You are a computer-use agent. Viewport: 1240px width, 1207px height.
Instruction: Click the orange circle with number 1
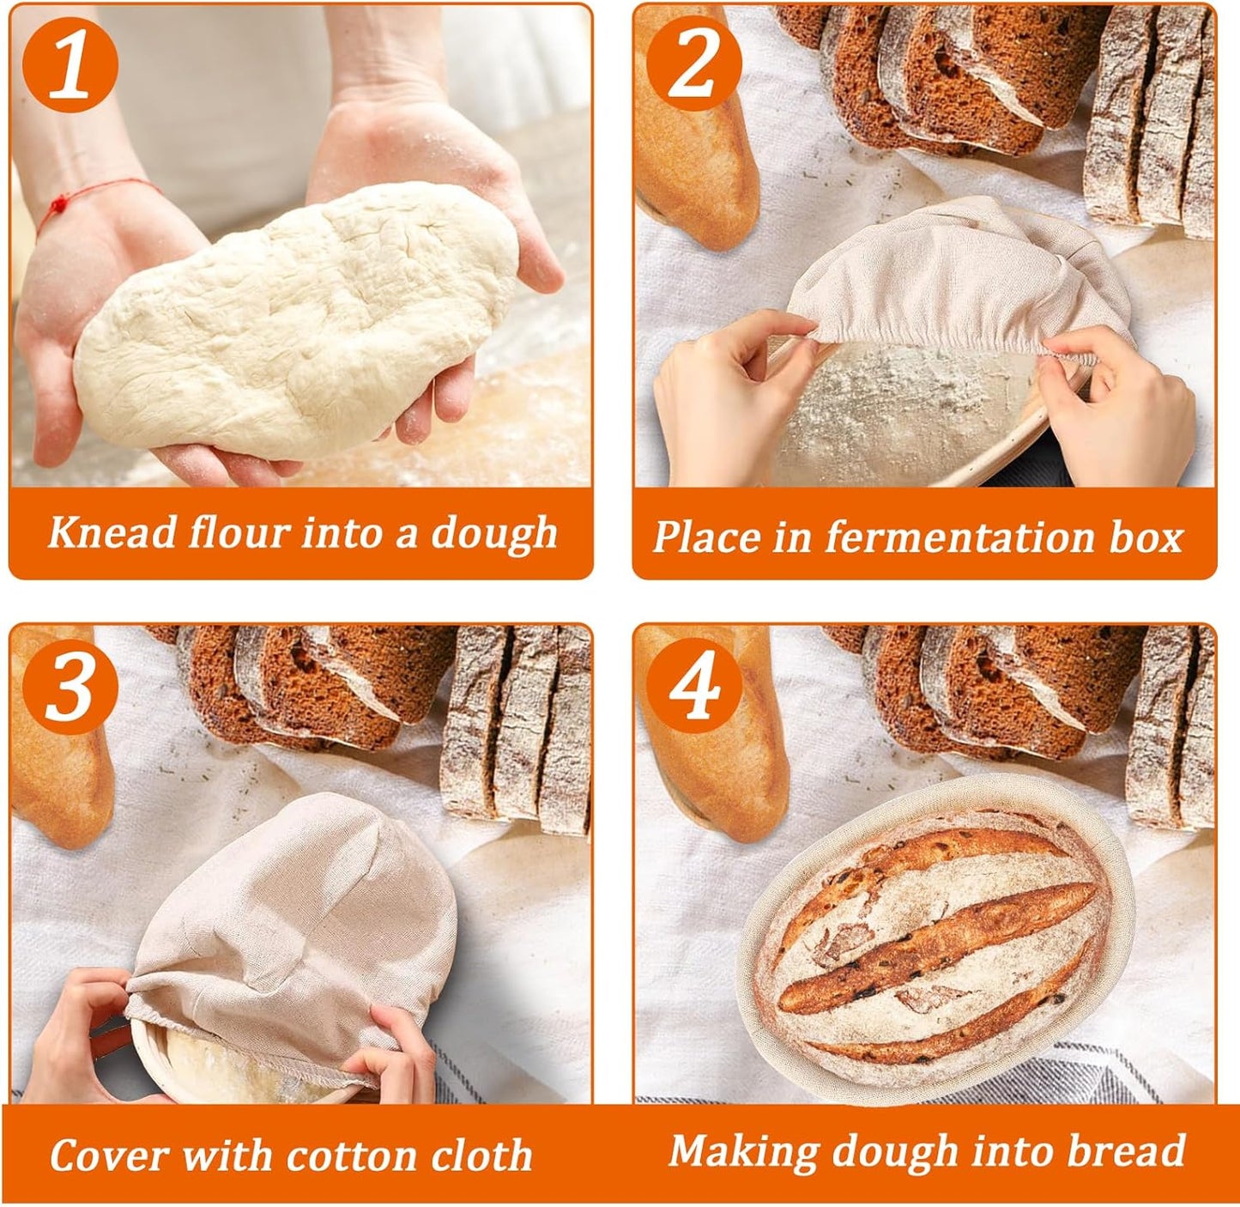(70, 64)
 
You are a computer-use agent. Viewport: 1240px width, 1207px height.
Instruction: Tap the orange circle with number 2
(693, 64)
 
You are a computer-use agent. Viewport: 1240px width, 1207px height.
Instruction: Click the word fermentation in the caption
(959, 537)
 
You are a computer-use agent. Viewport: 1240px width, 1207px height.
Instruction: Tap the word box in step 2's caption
(1146, 537)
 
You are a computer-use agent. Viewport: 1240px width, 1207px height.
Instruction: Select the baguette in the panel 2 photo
(695, 146)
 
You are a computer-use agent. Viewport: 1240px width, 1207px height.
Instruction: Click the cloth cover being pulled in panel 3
(296, 919)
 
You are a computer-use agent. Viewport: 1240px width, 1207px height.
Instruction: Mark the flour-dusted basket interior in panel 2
(901, 412)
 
